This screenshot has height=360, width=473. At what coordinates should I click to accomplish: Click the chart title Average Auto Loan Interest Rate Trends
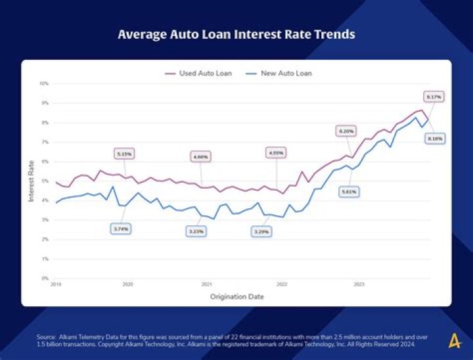(x=236, y=34)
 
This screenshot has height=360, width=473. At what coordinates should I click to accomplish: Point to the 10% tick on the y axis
(x=44, y=84)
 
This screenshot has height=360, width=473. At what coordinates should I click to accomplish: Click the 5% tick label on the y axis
(x=45, y=181)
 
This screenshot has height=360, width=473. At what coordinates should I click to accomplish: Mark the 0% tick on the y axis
(x=45, y=279)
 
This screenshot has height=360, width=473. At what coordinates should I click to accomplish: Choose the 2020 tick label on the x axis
(x=127, y=285)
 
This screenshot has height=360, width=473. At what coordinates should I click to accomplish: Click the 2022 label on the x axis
(x=282, y=285)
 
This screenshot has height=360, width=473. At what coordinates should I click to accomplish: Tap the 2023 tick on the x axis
(x=359, y=285)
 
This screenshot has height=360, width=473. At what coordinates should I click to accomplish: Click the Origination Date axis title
(x=236, y=297)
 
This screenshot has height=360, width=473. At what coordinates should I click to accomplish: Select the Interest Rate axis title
(x=31, y=181)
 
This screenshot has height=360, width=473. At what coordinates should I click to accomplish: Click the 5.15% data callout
(x=124, y=154)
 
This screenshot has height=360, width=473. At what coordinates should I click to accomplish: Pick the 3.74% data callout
(x=121, y=229)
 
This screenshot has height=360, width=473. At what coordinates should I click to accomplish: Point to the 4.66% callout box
(x=201, y=157)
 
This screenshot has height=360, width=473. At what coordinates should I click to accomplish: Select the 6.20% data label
(x=346, y=131)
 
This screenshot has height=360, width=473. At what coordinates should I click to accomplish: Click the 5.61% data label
(x=349, y=191)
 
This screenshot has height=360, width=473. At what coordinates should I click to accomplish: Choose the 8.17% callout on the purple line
(x=434, y=97)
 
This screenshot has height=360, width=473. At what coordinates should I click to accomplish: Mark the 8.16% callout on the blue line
(x=434, y=139)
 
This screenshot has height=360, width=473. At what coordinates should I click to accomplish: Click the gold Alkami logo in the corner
(x=455, y=341)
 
